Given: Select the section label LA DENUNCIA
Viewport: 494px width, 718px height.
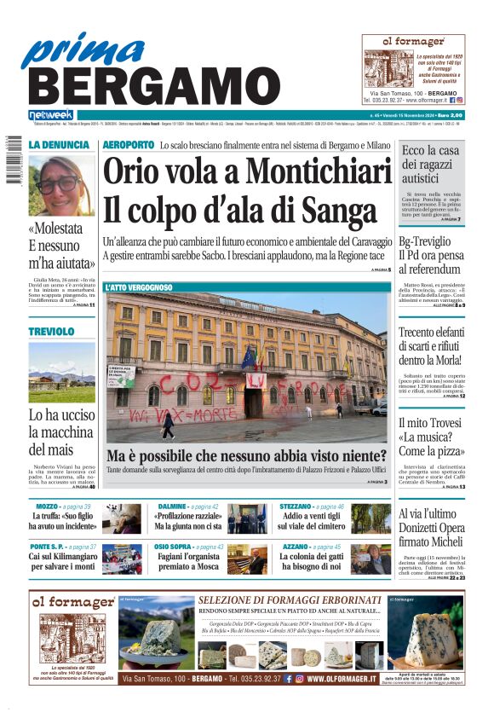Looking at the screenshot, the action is pyautogui.click(x=59, y=146).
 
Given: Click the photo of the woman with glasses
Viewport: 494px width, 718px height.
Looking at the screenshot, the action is pyautogui.click(x=62, y=185).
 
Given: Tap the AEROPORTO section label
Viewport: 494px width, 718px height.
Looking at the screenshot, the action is pyautogui.click(x=128, y=146).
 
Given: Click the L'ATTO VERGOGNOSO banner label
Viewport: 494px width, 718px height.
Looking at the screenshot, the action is pyautogui.click(x=139, y=288).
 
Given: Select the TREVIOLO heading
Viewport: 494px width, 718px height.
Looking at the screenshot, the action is pyautogui.click(x=52, y=331).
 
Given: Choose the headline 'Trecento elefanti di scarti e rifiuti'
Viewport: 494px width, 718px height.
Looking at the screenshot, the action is pyautogui.click(x=433, y=347).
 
